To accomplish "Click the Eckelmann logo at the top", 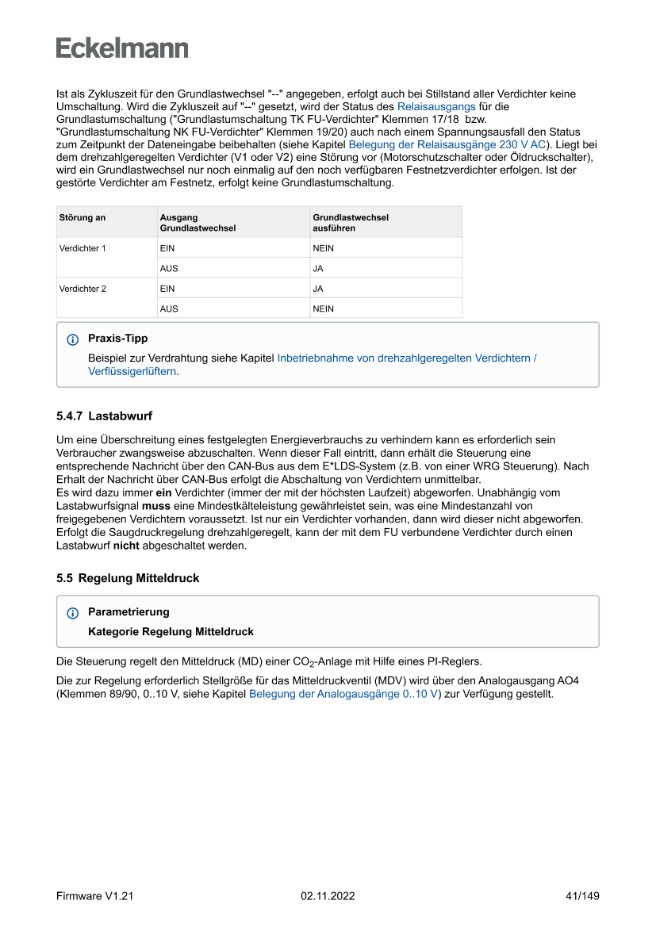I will tap(122, 48).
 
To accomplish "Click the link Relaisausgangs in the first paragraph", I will tap(436, 105).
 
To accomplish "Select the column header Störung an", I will tap(82, 217).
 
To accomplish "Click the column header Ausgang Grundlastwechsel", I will tap(198, 222).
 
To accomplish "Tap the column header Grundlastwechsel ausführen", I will tap(351, 222).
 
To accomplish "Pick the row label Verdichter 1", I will tap(82, 248).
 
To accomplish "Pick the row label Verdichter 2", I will tap(82, 289).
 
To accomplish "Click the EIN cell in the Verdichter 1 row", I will tap(167, 248).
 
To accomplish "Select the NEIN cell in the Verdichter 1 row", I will tap(324, 248).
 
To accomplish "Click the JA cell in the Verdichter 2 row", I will tap(318, 289).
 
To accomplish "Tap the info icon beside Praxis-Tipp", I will tap(73, 339).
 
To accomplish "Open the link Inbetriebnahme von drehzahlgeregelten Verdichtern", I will tap(406, 358).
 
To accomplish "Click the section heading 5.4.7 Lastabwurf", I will tap(104, 416).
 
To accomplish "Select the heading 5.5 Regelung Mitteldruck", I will tap(128, 578).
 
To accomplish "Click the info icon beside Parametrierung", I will tap(73, 613).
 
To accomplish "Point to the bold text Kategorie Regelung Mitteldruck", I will tap(171, 632).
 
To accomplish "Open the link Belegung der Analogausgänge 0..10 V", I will tap(343, 694).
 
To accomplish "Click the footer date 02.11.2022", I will tap(328, 896).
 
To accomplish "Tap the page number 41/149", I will tap(582, 896).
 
